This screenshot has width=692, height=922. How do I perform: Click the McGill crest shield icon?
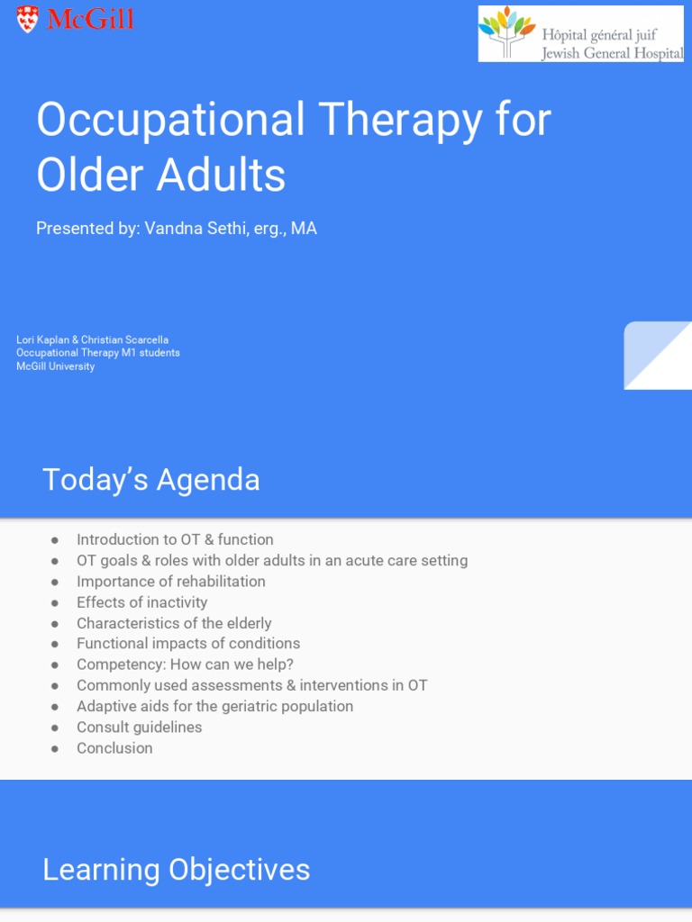click(x=28, y=19)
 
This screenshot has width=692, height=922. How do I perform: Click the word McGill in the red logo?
click(x=90, y=19)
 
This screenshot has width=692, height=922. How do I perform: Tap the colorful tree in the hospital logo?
click(x=506, y=32)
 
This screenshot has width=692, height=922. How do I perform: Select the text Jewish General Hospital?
click(x=612, y=53)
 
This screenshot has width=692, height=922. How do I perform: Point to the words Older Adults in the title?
click(x=160, y=176)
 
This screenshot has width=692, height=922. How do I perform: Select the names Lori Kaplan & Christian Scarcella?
click(x=92, y=339)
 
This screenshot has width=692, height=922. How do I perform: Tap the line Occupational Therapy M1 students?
click(x=97, y=353)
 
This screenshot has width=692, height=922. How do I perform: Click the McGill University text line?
click(x=55, y=366)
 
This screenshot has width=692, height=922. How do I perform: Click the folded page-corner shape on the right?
click(x=658, y=356)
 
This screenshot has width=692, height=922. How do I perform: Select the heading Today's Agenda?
click(x=150, y=480)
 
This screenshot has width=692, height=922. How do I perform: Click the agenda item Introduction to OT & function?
click(x=175, y=539)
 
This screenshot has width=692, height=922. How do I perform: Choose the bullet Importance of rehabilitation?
click(x=170, y=582)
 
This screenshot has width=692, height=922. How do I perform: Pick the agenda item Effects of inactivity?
click(x=141, y=602)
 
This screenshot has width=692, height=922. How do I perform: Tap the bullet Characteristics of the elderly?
click(x=173, y=623)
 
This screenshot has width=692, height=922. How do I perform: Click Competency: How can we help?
click(x=185, y=664)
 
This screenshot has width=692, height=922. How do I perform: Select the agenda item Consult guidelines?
click(x=139, y=727)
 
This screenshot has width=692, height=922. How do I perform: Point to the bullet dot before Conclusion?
click(x=55, y=748)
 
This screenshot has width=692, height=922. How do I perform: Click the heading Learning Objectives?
click(x=176, y=870)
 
